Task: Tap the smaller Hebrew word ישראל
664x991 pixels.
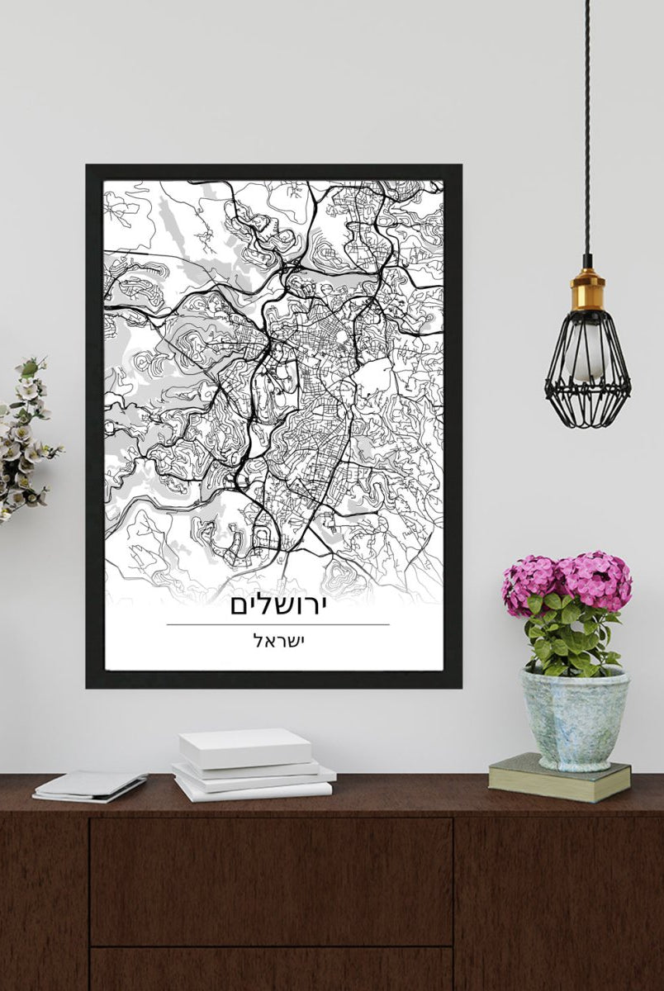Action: point(277,641)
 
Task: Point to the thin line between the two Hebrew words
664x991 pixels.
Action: point(277,624)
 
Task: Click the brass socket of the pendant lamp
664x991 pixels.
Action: point(587,288)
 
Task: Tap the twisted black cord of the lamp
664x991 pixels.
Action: point(587,124)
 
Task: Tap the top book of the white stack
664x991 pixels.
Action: point(245,747)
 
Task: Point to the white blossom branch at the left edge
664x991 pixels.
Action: point(25,438)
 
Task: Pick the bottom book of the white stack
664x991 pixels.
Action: point(252,790)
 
